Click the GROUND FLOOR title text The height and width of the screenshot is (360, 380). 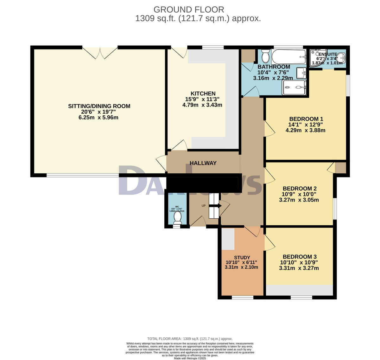189,10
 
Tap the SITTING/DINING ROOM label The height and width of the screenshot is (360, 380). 99,106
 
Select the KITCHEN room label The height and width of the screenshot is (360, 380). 203,93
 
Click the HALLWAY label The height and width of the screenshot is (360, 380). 203,163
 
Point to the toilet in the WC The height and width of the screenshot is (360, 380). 178,218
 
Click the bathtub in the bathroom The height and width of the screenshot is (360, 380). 289,56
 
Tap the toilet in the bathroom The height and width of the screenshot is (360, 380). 265,56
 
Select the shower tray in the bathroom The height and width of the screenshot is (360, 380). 294,87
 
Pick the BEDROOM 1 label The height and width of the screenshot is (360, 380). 305,119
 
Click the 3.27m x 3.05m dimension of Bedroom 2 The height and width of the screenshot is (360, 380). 299,200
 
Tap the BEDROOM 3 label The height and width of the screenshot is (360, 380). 299,257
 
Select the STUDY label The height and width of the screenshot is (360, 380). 242,258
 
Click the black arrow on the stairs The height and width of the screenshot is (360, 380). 215,206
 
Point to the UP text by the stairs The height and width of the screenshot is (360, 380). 204,206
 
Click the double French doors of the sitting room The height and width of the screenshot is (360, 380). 100,53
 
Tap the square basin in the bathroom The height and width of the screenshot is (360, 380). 301,73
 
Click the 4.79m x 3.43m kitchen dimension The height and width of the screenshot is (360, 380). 202,105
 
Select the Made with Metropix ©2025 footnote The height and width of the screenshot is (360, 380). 190,358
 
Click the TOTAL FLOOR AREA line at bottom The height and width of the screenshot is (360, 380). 190,339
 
